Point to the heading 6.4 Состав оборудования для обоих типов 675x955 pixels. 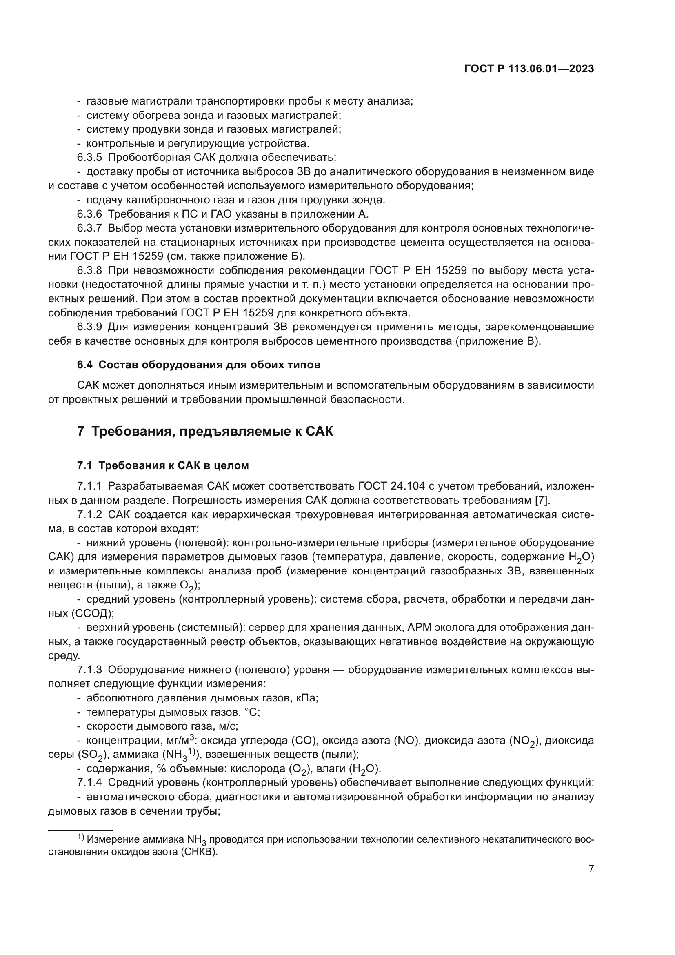click(x=199, y=365)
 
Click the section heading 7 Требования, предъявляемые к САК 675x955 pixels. click(x=205, y=431)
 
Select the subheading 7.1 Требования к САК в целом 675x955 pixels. click(x=162, y=465)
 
